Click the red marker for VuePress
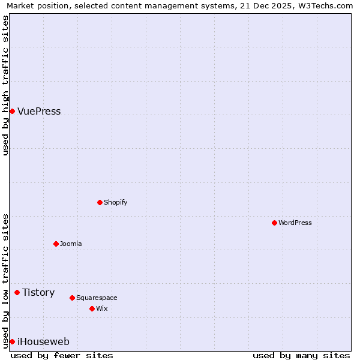(12, 111)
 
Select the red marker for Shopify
(100, 202)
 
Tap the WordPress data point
(274, 223)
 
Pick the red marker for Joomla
(56, 244)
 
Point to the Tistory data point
(17, 292)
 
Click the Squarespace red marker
(72, 298)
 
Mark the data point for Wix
(92, 308)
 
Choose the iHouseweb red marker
(12, 341)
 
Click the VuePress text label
(39, 111)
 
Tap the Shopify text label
(115, 202)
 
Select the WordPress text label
(295, 223)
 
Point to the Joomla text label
(71, 244)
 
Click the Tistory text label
(38, 292)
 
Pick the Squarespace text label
(97, 298)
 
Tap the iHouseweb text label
(43, 341)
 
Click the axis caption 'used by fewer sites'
(62, 355)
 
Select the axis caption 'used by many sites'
(301, 355)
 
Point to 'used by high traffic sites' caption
(5, 85)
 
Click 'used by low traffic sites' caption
(5, 281)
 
